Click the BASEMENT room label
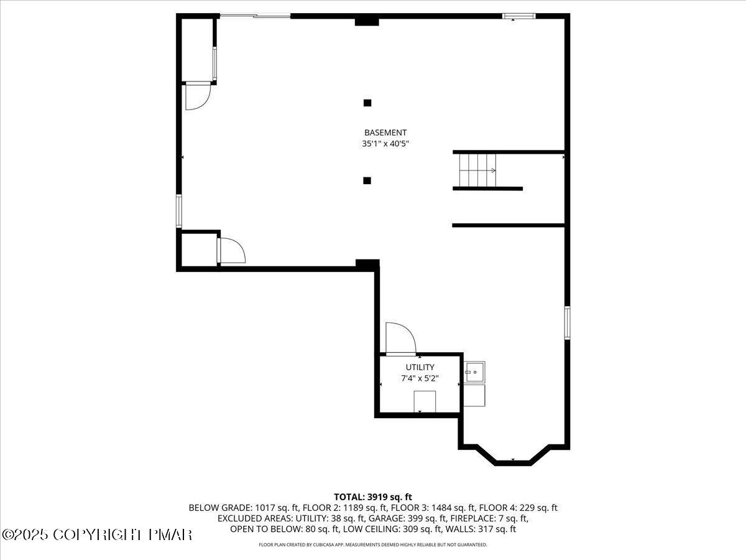pyautogui.click(x=385, y=133)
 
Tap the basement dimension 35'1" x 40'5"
pyautogui.click(x=385, y=144)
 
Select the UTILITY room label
pyautogui.click(x=420, y=367)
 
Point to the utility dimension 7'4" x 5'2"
pyautogui.click(x=420, y=378)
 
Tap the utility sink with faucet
pyautogui.click(x=474, y=372)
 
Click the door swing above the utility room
pyautogui.click(x=400, y=338)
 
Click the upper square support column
pyautogui.click(x=367, y=103)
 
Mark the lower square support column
pyautogui.click(x=367, y=180)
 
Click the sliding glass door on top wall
pyautogui.click(x=254, y=16)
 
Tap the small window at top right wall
pyautogui.click(x=518, y=16)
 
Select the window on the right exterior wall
pyautogui.click(x=567, y=322)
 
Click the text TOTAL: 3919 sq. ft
pyautogui.click(x=373, y=497)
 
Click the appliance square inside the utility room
pyautogui.click(x=425, y=401)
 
